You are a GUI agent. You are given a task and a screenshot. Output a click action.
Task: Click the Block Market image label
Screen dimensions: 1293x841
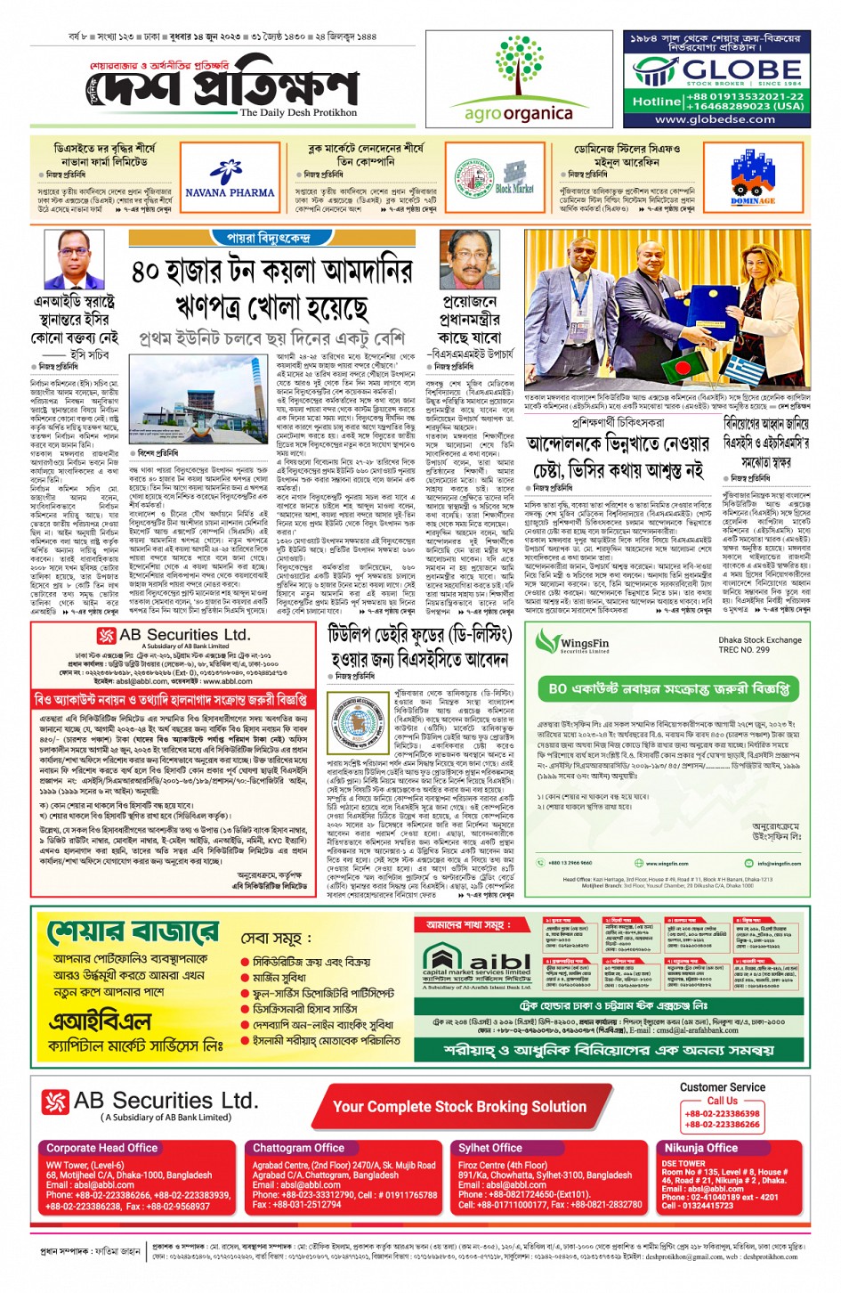[x=513, y=188]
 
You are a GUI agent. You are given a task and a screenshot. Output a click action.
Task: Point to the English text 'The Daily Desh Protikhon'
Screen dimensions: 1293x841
[x=298, y=113]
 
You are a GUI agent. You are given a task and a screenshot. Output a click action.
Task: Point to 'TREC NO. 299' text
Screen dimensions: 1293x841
[x=744, y=650]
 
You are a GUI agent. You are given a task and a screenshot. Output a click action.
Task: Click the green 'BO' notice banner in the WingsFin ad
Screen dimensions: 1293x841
[x=668, y=689]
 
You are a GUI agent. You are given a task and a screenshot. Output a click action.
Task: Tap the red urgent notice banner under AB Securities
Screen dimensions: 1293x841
[x=171, y=700]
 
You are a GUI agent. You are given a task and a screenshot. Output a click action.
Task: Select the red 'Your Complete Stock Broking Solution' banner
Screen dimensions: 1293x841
[x=459, y=1107]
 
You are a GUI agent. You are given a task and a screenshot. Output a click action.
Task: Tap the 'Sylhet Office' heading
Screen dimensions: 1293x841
[x=490, y=1148]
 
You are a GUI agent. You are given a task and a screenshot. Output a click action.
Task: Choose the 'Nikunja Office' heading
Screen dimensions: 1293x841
[x=701, y=1148]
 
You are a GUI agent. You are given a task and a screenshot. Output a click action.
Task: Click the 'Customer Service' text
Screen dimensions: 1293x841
[x=722, y=1087]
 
